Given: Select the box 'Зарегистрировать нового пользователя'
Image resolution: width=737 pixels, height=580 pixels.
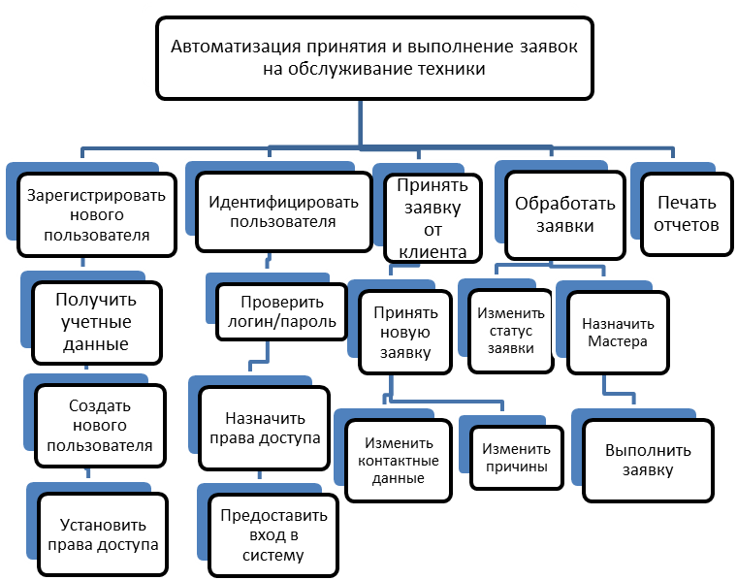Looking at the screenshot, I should coord(95,214).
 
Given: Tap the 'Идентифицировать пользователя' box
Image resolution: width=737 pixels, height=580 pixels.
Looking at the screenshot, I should coord(282,212).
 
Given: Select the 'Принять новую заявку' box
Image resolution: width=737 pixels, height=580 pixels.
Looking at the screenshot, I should coord(405,333).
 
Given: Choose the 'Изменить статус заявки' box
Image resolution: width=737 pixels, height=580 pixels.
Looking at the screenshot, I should coord(510,331).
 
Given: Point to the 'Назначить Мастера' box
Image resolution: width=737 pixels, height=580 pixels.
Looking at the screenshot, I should coord(619,333).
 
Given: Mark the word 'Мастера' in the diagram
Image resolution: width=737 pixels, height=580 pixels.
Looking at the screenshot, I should coord(619,341).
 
